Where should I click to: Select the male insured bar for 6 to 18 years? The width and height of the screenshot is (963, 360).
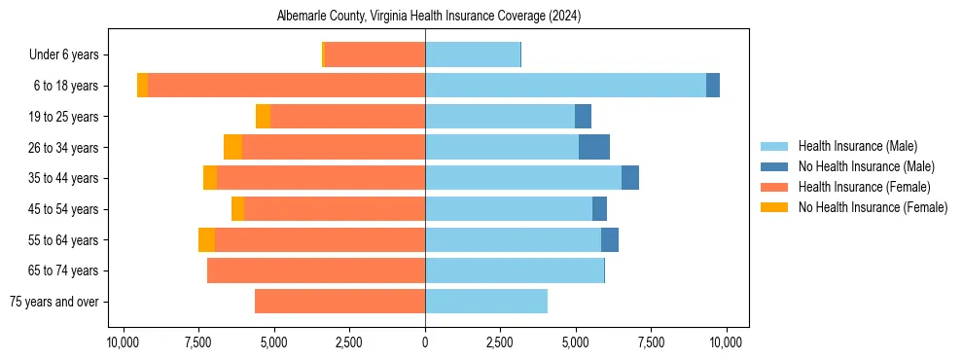tap(565, 86)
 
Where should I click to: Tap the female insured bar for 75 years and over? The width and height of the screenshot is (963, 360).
tap(339, 302)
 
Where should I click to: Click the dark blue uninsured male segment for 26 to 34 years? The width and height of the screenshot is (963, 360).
tap(594, 147)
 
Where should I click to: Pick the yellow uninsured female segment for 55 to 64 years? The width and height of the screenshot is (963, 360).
tap(206, 240)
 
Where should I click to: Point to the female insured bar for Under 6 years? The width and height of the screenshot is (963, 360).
tap(374, 54)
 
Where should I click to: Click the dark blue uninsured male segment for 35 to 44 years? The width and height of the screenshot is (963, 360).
tap(630, 178)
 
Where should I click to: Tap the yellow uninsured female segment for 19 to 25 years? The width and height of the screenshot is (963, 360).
tap(263, 117)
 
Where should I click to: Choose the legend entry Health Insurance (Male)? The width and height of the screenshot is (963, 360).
tap(857, 146)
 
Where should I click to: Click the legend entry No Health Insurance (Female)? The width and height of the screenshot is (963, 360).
tap(873, 207)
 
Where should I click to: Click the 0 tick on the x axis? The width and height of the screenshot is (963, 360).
tap(425, 342)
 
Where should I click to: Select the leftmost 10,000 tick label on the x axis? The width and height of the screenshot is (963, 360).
tap(124, 342)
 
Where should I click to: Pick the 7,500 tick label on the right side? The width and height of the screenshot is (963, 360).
tap(651, 342)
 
